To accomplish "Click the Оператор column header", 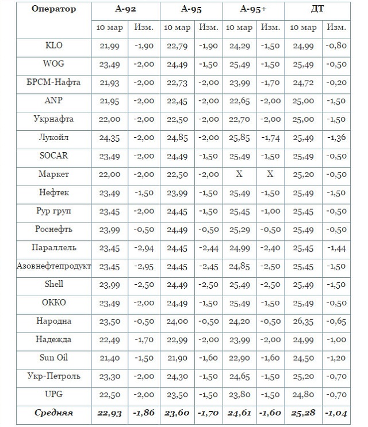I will [x=54, y=9].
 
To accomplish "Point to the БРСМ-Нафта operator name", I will [x=54, y=82].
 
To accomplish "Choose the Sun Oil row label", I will [x=54, y=358].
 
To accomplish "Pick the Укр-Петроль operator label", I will [x=54, y=376].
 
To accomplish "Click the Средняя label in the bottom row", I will [x=54, y=413].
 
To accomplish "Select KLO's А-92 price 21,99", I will [x=110, y=46].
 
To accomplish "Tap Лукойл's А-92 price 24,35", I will [x=110, y=138].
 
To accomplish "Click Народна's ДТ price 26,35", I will [x=305, y=321].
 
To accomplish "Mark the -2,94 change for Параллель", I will [x=143, y=248].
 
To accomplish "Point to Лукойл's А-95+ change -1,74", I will [x=270, y=138].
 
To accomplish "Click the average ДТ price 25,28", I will [x=305, y=413].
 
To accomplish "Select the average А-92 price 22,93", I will [x=110, y=413].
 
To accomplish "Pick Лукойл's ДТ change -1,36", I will [x=336, y=138].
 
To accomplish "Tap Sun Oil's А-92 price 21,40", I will [x=110, y=358].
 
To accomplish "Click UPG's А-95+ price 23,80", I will [x=239, y=395].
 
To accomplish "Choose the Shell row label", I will [x=54, y=284].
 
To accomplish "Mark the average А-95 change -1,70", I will [x=208, y=413].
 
